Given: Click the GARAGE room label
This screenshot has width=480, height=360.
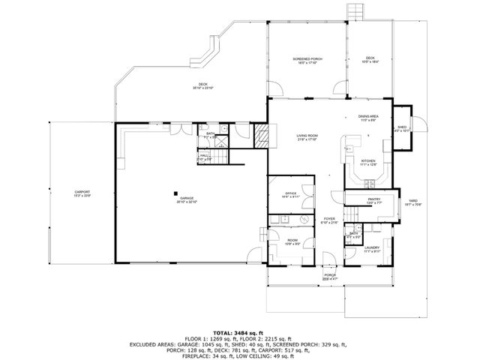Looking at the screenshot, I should [x=186, y=199].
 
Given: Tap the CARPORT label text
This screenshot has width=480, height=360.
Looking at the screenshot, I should [x=82, y=193].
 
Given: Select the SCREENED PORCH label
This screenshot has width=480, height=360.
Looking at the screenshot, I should [x=307, y=58].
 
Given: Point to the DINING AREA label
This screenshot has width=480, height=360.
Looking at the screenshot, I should [x=367, y=117].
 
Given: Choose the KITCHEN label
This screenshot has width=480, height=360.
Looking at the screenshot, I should [x=367, y=160].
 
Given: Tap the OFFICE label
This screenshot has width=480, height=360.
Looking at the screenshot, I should [x=290, y=193].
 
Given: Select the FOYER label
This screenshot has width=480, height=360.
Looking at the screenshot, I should [x=329, y=220].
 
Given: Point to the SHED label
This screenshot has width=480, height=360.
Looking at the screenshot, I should [x=402, y=128].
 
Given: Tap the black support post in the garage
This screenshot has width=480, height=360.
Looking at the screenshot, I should [x=176, y=190].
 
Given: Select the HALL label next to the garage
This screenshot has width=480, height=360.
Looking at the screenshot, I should [x=204, y=156].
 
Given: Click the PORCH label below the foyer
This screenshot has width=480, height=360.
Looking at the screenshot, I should [x=329, y=275].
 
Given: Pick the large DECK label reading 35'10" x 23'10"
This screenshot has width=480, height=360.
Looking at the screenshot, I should [x=202, y=85].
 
